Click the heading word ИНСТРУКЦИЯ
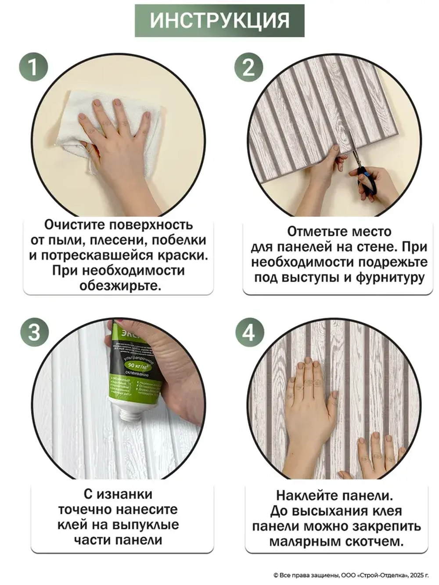pos(219,21)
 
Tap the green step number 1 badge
pos(33,67)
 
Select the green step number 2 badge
pos(249,67)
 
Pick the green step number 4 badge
pos(249,332)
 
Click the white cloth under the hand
pos(75,132)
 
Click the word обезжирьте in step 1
pos(120,286)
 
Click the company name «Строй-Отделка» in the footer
pos(381,575)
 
